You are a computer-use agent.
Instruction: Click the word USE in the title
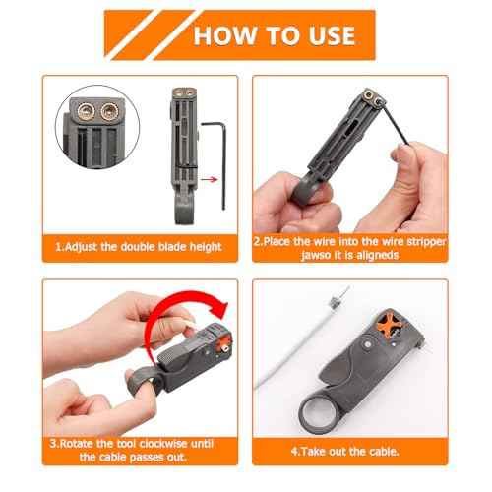click(x=325, y=35)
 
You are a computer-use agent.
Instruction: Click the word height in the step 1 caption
click(x=200, y=245)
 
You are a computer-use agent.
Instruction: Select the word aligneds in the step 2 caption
click(x=372, y=256)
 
